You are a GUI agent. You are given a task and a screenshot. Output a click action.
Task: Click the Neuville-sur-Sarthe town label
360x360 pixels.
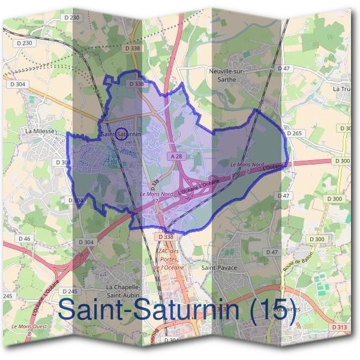(229, 74)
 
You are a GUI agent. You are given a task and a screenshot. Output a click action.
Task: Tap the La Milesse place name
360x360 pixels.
(40, 130)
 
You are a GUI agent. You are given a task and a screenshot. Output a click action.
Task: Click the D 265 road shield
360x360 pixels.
(294, 133)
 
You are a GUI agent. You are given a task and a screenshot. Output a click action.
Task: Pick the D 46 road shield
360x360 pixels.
(24, 239)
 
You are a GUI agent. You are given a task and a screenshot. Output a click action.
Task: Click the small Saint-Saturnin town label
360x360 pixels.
(121, 134)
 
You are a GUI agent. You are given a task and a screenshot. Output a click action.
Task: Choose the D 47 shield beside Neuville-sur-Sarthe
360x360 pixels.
(284, 68)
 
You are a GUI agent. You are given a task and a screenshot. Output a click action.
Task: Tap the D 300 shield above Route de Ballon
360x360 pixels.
(318, 239)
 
